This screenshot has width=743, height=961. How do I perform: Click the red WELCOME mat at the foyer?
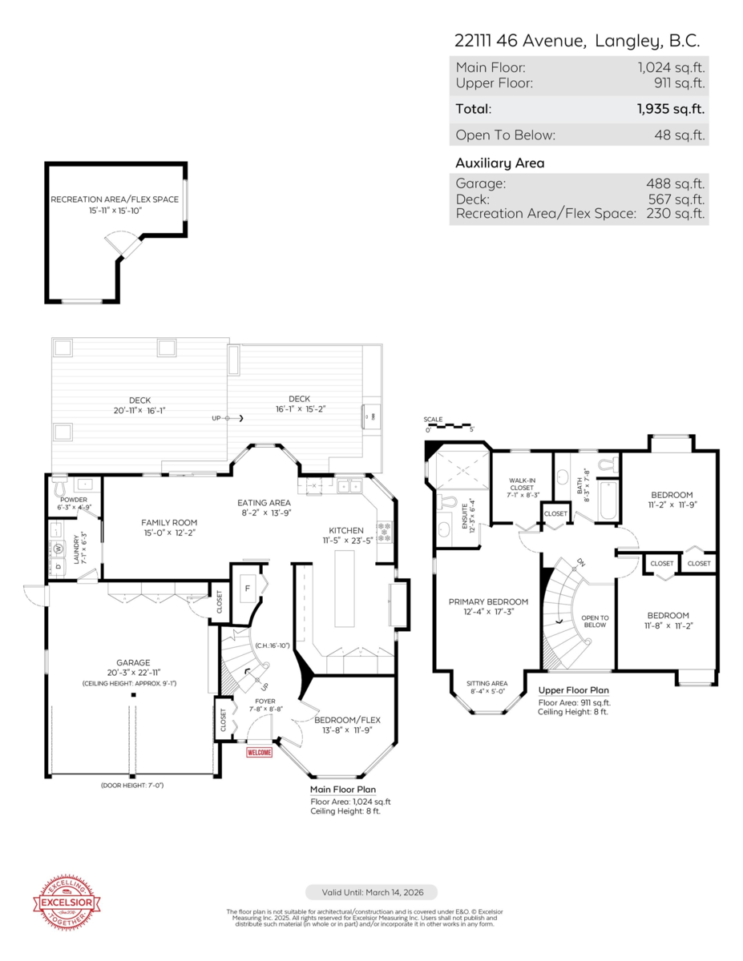coord(259,752)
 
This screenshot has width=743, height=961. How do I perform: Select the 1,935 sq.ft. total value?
coord(671,110)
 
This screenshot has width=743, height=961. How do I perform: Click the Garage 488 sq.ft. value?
coord(675,183)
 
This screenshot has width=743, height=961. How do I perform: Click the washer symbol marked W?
coord(58,549)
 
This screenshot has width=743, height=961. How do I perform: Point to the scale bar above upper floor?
coord(449,425)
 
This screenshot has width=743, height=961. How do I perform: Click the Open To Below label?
coord(595,621)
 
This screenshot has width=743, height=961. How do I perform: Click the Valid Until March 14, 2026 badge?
coord(371,892)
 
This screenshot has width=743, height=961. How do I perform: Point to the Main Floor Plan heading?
coord(343,790)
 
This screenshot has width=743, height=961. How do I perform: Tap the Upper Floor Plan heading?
coord(573,690)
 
